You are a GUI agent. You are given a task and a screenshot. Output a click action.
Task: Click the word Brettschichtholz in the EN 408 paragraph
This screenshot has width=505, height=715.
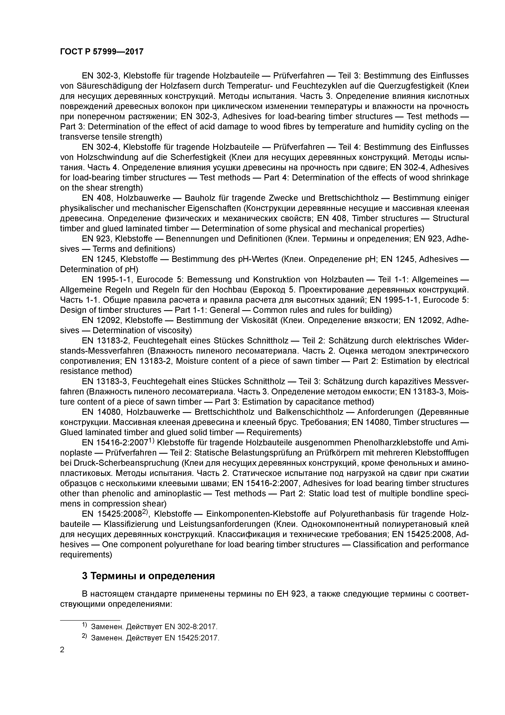coord(348,198)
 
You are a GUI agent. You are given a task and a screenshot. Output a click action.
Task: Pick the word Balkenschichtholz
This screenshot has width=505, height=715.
coord(310,412)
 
